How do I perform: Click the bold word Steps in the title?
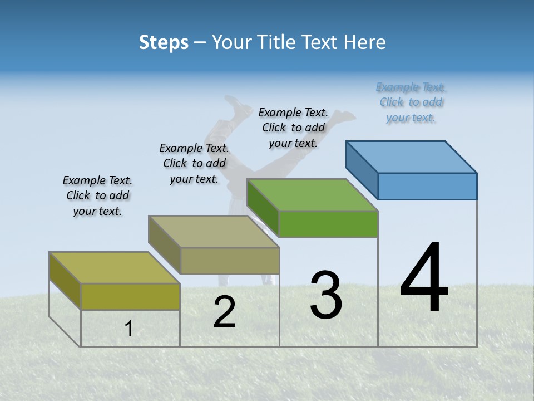[x=164, y=42]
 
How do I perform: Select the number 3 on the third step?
[x=326, y=295]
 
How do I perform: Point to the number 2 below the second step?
[x=224, y=312]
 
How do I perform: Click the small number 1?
[x=128, y=329]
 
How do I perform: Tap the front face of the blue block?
[x=427, y=186]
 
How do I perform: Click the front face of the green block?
[x=328, y=224]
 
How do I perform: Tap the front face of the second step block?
[x=230, y=261]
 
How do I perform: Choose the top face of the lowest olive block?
[x=115, y=268]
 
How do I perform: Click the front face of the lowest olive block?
[x=130, y=296]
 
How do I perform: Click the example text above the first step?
[x=97, y=195]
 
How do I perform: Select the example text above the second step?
[x=194, y=163]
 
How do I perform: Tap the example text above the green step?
[x=293, y=128]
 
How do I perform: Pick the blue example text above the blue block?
[x=411, y=102]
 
